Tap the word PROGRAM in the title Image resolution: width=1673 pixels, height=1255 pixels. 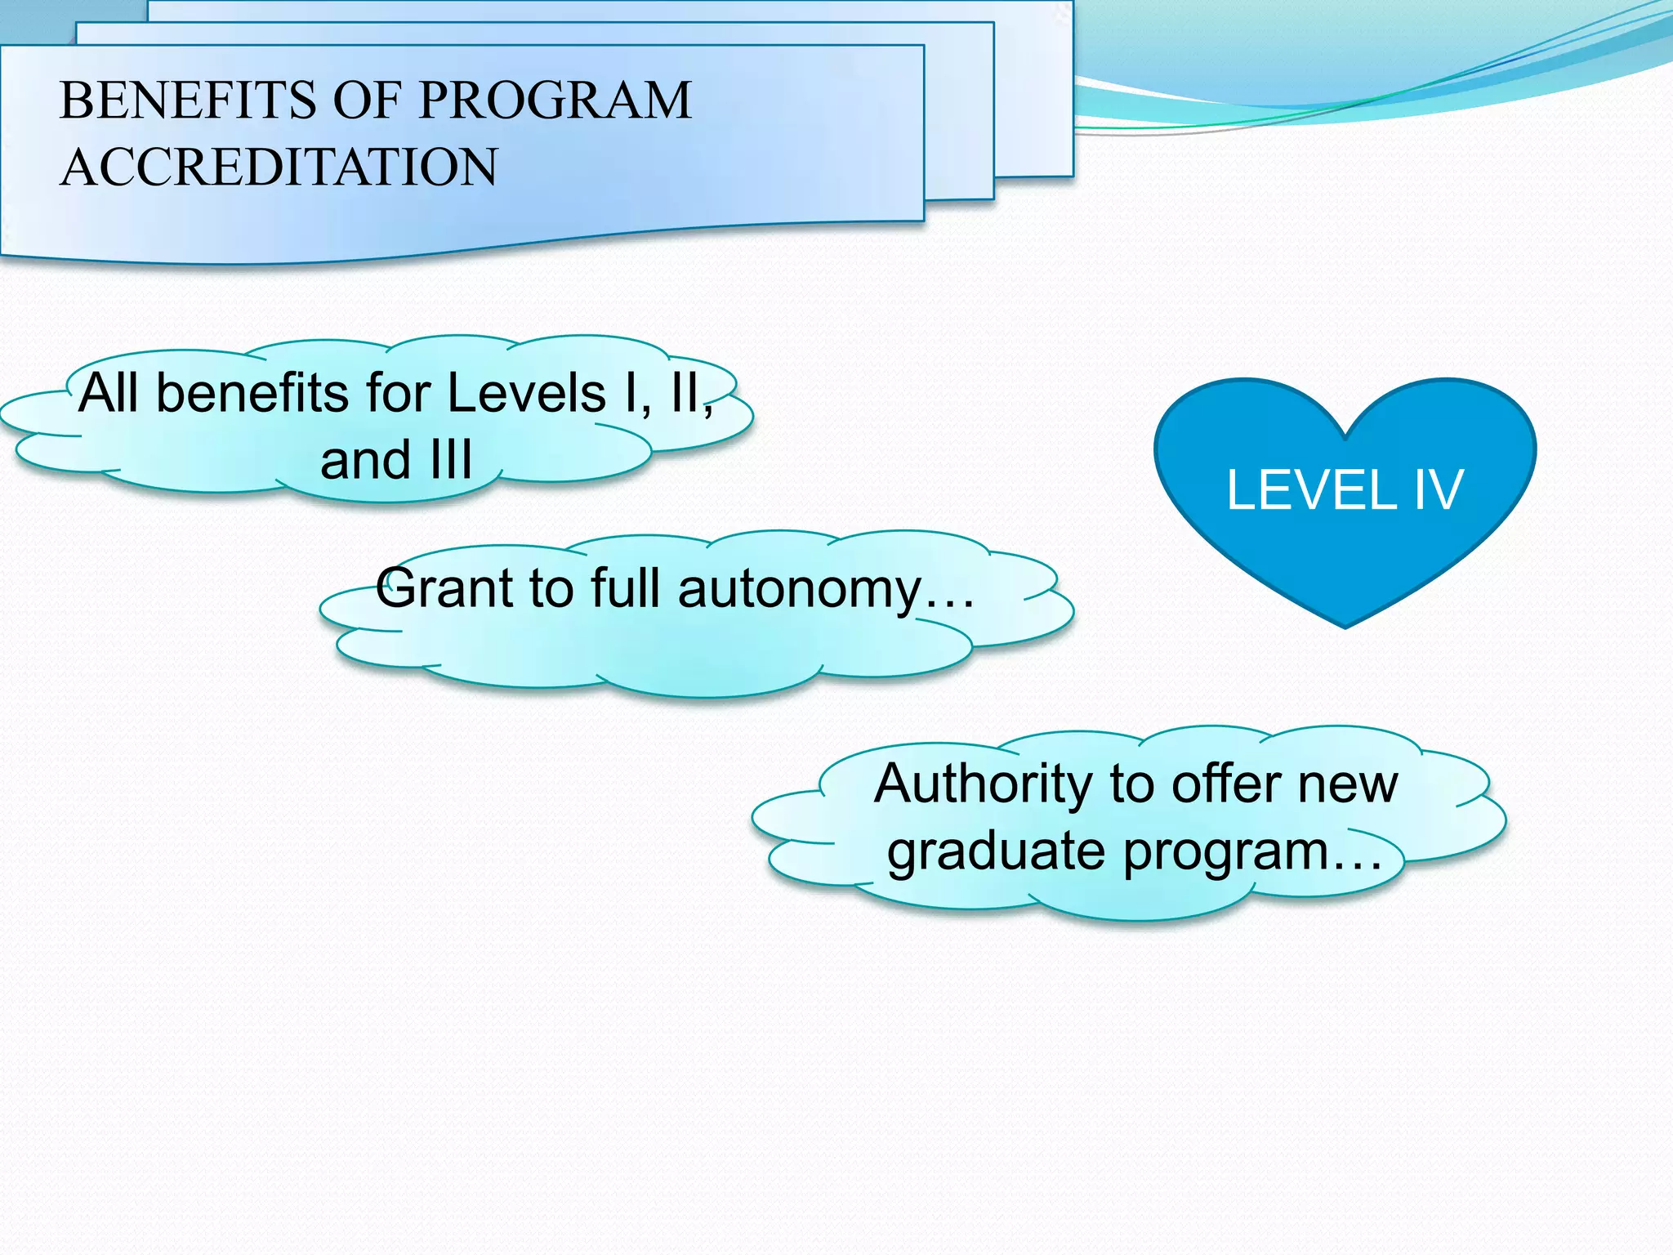[555, 100]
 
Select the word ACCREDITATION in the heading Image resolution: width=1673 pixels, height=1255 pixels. [279, 167]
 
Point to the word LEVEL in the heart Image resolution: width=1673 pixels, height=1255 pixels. [1310, 491]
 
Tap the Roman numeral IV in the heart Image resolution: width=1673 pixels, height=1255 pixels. [1437, 491]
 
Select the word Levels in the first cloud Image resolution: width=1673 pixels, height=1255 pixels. [527, 394]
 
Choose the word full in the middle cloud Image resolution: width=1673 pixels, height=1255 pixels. [626, 588]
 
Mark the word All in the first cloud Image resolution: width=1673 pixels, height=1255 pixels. [109, 394]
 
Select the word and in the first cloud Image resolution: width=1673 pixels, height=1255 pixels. [364, 460]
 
